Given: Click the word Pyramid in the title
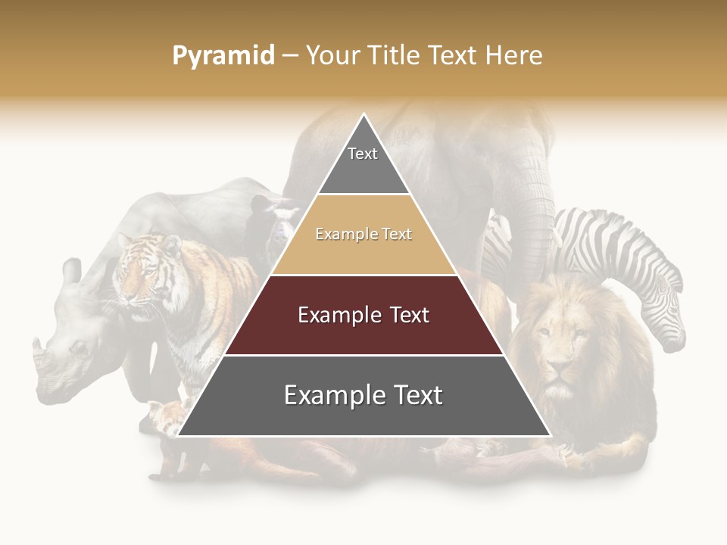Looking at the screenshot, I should [223, 56].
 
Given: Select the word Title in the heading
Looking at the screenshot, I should [395, 56].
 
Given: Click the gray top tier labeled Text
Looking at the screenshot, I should [363, 159].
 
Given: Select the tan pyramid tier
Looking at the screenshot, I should [363, 235].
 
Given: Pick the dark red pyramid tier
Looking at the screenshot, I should [363, 315].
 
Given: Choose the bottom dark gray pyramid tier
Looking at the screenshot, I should [363, 395].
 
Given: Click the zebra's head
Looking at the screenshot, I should [667, 318].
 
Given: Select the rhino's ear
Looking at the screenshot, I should [72, 270].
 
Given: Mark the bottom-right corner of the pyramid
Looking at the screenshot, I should [551, 436].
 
